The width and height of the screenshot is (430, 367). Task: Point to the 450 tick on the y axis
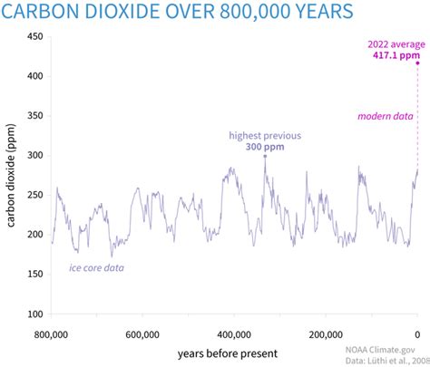34,37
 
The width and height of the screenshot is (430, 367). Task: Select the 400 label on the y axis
34,76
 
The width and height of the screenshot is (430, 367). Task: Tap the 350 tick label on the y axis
34,116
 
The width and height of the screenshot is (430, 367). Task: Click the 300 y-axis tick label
34,156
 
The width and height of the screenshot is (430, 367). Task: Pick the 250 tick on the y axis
34,195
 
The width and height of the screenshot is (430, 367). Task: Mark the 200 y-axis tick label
34,235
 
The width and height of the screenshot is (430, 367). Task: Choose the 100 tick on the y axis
34,314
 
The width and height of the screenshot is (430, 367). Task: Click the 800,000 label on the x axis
52,333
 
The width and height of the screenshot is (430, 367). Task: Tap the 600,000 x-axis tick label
143,333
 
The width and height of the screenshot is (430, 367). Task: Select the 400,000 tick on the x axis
234,333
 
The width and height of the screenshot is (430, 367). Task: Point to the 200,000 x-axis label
326,333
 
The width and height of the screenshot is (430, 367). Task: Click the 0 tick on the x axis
417,333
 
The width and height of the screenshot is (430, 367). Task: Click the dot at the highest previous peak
265,156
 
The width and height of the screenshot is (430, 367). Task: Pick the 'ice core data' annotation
97,268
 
